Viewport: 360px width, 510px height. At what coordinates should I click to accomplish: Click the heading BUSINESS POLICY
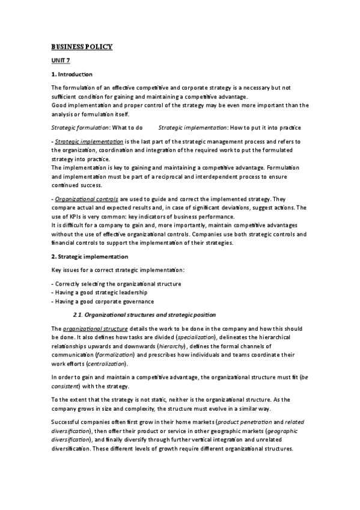coord(82,47)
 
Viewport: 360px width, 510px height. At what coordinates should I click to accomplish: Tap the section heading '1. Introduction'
coord(72,75)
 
